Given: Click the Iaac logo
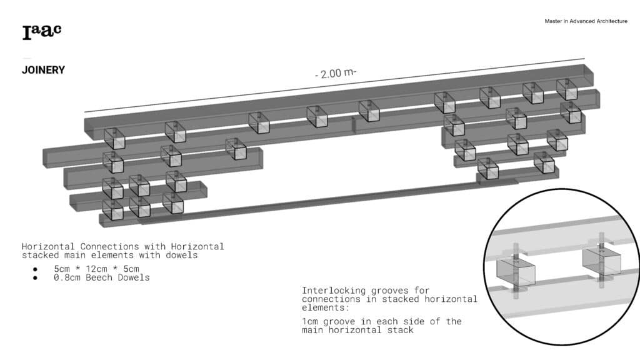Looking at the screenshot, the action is [x=42, y=32].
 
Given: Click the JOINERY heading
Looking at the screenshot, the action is [x=43, y=70].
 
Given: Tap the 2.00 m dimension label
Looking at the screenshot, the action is [x=336, y=74].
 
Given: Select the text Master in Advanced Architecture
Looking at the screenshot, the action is [x=586, y=21].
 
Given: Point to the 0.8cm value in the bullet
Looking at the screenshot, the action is [x=67, y=277].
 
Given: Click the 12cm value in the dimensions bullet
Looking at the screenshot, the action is [x=96, y=269].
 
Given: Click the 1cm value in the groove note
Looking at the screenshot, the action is [x=310, y=322].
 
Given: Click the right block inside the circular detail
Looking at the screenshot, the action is [x=602, y=262].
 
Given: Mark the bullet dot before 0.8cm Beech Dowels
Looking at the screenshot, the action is [x=35, y=278].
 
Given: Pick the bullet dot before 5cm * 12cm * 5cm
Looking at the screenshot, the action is [x=35, y=269].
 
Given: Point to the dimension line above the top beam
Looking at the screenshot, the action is [x=335, y=85].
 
